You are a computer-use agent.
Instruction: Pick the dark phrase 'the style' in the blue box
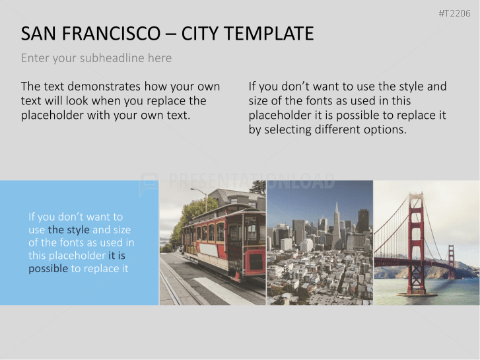click(x=69, y=230)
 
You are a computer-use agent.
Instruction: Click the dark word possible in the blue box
click(x=48, y=269)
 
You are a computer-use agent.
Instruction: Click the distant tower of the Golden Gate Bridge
click(x=452, y=261)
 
